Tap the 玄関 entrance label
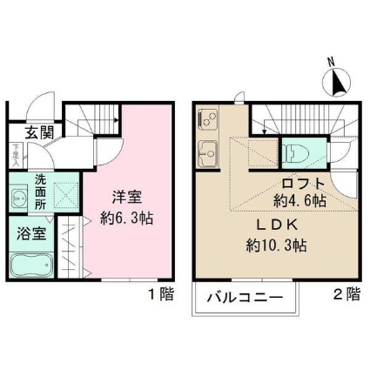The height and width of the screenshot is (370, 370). click(37, 133)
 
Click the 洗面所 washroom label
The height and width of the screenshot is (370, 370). click(41, 190)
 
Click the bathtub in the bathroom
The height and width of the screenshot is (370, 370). click(32, 264)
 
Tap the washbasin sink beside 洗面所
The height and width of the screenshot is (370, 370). click(19, 197)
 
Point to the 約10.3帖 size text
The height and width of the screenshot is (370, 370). click(274, 246)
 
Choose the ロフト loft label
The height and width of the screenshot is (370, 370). click(303, 183)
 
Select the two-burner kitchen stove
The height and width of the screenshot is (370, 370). click(209, 118)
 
